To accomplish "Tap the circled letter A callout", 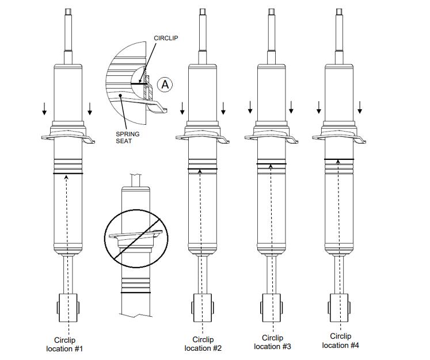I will [x=165, y=85].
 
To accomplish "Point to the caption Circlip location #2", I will [x=203, y=343].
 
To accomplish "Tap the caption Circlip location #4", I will [x=340, y=340].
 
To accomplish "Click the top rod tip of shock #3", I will [x=271, y=12].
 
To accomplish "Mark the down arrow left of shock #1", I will [x=45, y=109].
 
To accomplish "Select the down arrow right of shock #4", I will [x=360, y=107].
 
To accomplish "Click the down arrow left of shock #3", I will [x=250, y=107].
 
